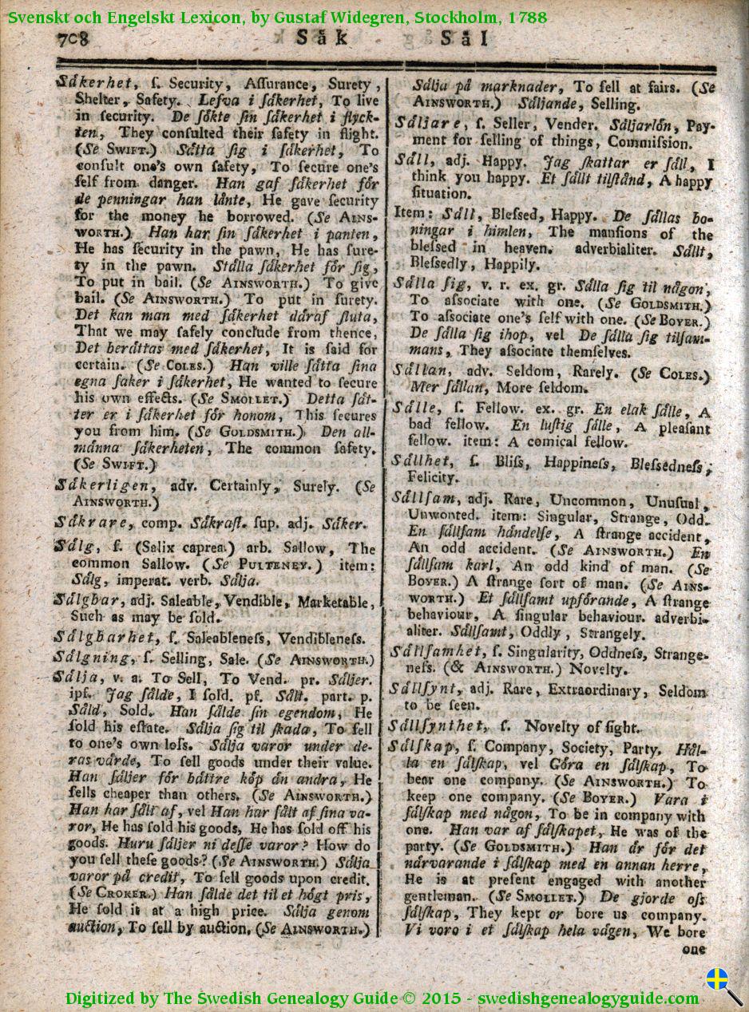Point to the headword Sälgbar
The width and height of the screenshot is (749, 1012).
pos(85,600)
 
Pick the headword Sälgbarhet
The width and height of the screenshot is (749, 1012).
pos(104,637)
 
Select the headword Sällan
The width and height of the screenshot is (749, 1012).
pos(419,371)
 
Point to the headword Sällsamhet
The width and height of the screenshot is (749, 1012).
pos(436,652)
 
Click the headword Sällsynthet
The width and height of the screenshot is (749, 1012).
pos(438,726)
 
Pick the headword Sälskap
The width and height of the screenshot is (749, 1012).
pos(422,748)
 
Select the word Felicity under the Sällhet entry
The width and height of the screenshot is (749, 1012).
pos(433,477)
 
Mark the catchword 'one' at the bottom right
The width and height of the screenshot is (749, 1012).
pos(694,949)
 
